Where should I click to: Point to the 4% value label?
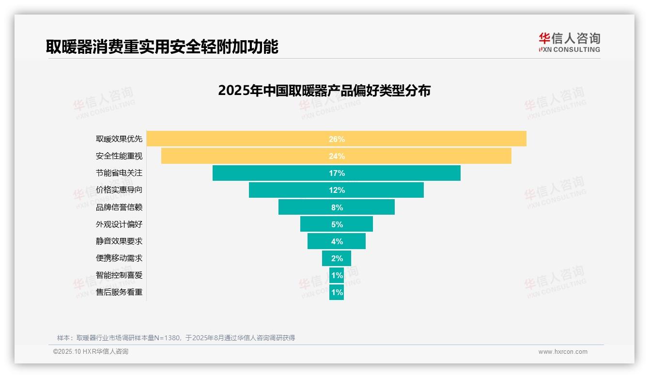(337, 241)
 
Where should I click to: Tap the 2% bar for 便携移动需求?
(337, 258)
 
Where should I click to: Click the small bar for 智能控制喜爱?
(337, 275)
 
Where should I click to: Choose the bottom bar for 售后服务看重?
(337, 292)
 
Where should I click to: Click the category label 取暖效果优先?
(119, 139)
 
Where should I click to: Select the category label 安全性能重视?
(119, 156)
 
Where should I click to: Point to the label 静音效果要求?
(119, 241)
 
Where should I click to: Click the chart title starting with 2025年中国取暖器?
(324, 91)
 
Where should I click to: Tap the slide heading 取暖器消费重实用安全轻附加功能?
(162, 47)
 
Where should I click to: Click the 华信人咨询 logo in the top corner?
(569, 42)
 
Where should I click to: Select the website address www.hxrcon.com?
(563, 352)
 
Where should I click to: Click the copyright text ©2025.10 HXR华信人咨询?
(91, 352)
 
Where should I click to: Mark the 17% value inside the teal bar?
(337, 173)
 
